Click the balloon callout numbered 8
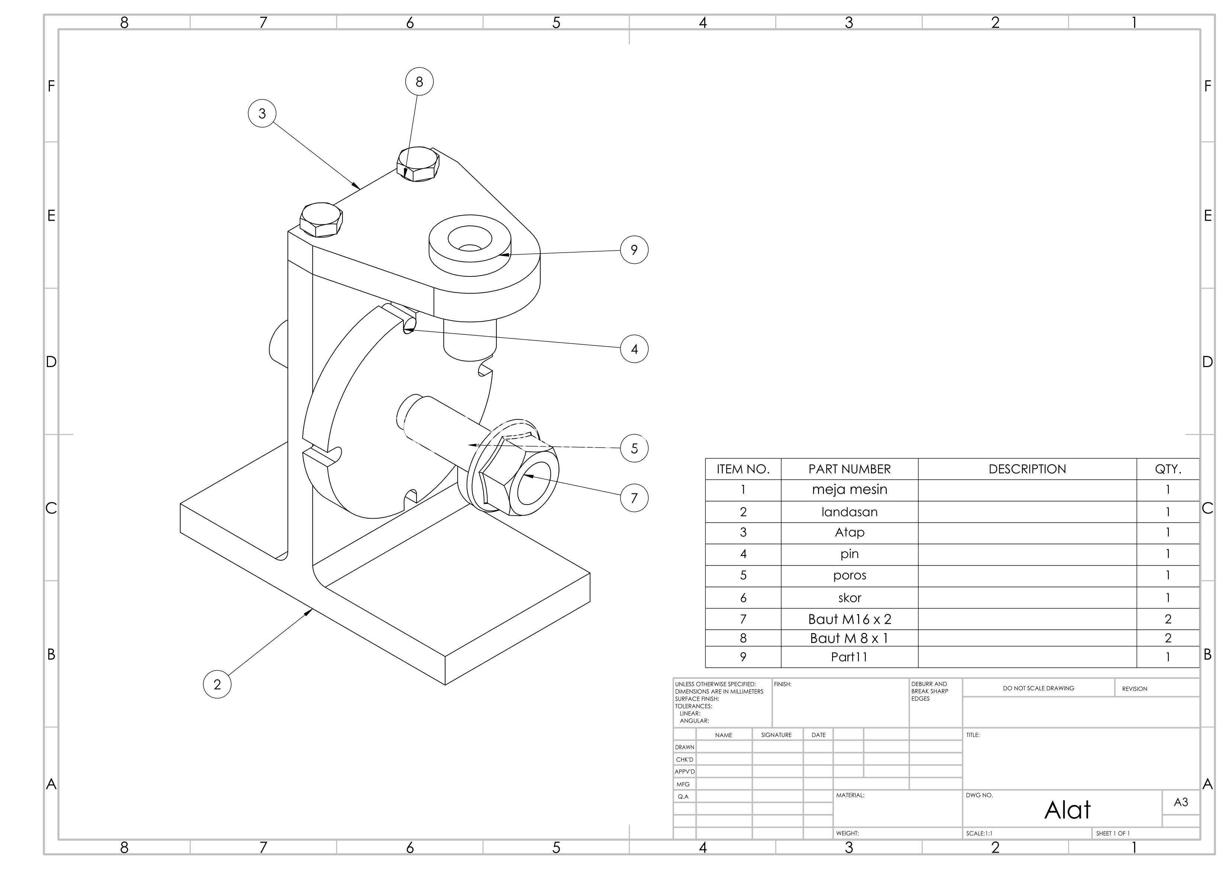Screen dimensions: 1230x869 (x=419, y=81)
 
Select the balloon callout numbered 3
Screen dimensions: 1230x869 (x=262, y=114)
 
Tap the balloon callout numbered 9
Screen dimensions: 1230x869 (x=634, y=250)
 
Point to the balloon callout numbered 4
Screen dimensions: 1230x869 (x=634, y=349)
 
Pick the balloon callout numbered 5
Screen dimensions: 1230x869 (x=634, y=448)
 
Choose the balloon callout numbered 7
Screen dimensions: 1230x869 (x=634, y=498)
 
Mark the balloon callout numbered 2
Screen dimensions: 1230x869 (x=217, y=684)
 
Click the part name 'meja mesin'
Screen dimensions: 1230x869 (x=850, y=489)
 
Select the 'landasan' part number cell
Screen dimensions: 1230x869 (x=850, y=512)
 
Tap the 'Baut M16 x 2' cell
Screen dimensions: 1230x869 (x=850, y=619)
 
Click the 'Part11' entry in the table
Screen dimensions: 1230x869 (x=849, y=657)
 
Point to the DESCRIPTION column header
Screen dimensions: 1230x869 (x=1027, y=469)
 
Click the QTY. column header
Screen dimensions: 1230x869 (x=1168, y=469)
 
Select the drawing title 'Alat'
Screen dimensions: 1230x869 (x=1067, y=810)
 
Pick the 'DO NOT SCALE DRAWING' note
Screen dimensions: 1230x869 (x=1038, y=688)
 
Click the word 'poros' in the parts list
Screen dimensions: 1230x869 (x=850, y=575)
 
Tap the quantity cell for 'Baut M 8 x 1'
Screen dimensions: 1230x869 (x=1168, y=638)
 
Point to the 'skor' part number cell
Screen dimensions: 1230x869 (x=850, y=597)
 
